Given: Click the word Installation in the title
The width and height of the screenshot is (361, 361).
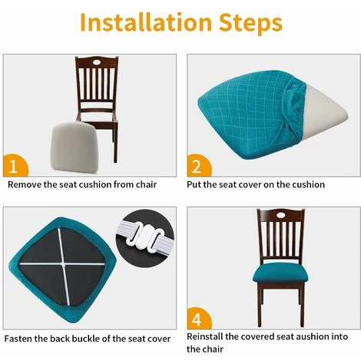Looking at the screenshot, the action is click(x=146, y=22).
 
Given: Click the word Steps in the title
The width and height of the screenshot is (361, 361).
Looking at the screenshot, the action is click(x=250, y=24).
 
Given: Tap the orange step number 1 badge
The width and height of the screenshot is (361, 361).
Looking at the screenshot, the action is click(x=15, y=166).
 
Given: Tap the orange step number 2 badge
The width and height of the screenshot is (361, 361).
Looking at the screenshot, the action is click(x=199, y=166).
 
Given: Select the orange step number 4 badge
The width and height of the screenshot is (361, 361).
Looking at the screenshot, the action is click(x=199, y=319).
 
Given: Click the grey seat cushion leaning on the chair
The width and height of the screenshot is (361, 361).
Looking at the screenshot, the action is click(x=74, y=147).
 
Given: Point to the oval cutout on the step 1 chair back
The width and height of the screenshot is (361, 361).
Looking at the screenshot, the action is click(x=97, y=62).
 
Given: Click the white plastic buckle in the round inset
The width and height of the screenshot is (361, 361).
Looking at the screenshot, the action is click(x=147, y=237).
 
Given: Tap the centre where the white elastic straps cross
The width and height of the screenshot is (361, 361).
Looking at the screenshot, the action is click(x=63, y=263).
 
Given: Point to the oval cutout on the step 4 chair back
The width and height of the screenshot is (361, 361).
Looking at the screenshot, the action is click(x=280, y=215).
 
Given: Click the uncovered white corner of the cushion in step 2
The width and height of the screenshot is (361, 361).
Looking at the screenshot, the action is click(x=323, y=113).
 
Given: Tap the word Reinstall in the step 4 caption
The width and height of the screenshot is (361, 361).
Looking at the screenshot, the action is click(x=204, y=336).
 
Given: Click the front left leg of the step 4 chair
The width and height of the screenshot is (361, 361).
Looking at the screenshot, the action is click(x=260, y=305).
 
